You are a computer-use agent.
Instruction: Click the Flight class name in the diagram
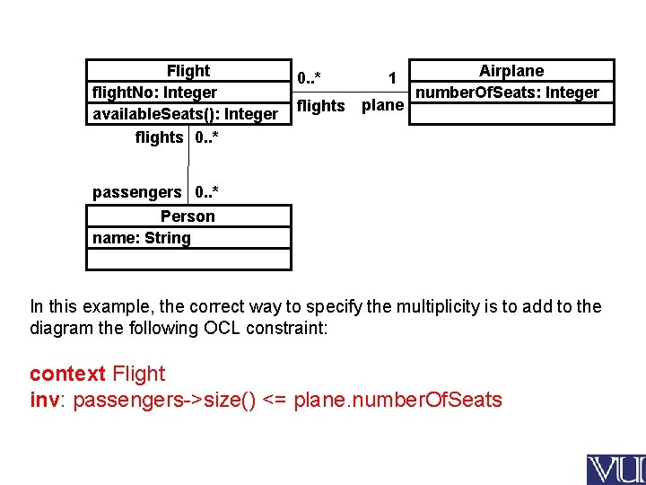188,71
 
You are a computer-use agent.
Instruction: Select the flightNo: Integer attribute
154,93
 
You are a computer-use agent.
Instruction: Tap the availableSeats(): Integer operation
185,114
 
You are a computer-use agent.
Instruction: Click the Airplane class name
511,71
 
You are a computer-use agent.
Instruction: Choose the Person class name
188,216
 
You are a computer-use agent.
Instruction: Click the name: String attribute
141,238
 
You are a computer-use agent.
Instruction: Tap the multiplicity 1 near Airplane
392,79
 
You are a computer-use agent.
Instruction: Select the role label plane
382,105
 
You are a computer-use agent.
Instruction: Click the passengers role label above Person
136,192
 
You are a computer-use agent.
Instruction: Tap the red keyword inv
45,400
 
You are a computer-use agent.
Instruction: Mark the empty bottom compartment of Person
188,260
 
